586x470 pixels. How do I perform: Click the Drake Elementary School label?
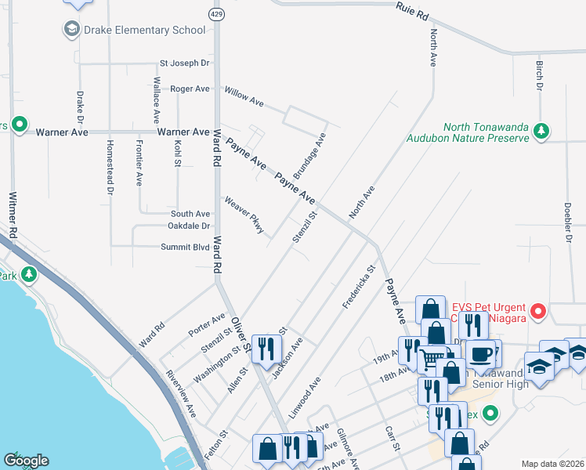click(x=145, y=30)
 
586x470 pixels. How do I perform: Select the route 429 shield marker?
click(x=215, y=14)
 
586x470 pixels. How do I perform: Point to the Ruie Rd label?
click(x=413, y=12)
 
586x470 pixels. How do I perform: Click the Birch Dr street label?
click(x=539, y=76)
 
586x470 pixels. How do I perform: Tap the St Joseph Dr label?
click(x=185, y=63)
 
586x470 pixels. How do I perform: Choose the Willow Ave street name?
click(x=244, y=97)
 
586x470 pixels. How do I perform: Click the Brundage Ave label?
click(x=309, y=155)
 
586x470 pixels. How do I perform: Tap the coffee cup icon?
click(x=482, y=352)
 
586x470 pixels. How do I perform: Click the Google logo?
click(x=26, y=461)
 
